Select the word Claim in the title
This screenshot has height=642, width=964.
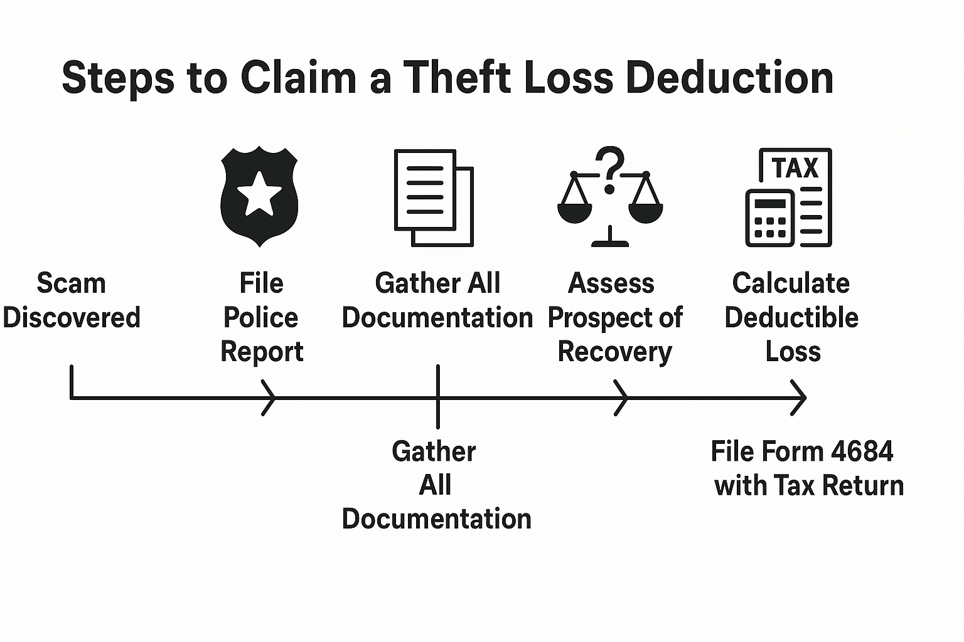click(x=297, y=78)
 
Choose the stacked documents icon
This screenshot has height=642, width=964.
click(x=433, y=197)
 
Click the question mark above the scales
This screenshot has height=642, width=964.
click(x=611, y=168)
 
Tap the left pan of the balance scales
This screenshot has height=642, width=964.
click(x=574, y=212)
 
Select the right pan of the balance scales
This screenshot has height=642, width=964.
click(x=646, y=212)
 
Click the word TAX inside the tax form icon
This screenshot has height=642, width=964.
click(x=795, y=168)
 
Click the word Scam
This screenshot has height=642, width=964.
click(x=71, y=283)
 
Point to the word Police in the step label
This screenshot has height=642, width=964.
click(x=260, y=318)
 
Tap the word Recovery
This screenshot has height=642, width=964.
click(x=614, y=352)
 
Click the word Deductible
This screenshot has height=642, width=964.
click(x=791, y=318)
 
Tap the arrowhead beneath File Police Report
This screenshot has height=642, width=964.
click(x=270, y=397)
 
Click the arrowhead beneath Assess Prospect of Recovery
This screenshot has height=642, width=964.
click(x=622, y=397)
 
